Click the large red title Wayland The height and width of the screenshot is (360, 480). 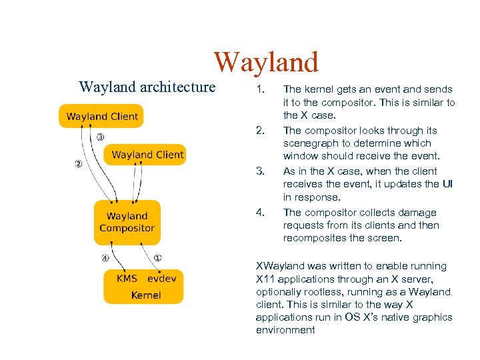pyautogui.click(x=266, y=62)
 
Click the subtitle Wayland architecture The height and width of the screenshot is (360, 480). pyautogui.click(x=147, y=87)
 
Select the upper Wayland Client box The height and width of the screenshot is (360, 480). pyautogui.click(x=102, y=116)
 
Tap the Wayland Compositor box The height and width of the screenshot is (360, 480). pyautogui.click(x=127, y=222)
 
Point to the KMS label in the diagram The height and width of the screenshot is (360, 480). pyautogui.click(x=127, y=279)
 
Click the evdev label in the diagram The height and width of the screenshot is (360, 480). pyautogui.click(x=162, y=279)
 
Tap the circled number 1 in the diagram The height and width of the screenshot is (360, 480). pyautogui.click(x=157, y=258)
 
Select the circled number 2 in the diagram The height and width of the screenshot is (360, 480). pyautogui.click(x=78, y=165)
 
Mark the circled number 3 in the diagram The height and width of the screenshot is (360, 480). pyautogui.click(x=99, y=137)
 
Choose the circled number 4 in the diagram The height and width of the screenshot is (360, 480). pyautogui.click(x=105, y=258)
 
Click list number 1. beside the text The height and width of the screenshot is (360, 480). pyautogui.click(x=261, y=89)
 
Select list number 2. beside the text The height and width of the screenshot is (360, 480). pyautogui.click(x=261, y=131)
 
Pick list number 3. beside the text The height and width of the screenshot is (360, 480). pyautogui.click(x=261, y=172)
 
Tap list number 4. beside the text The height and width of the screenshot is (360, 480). pyautogui.click(x=261, y=213)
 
